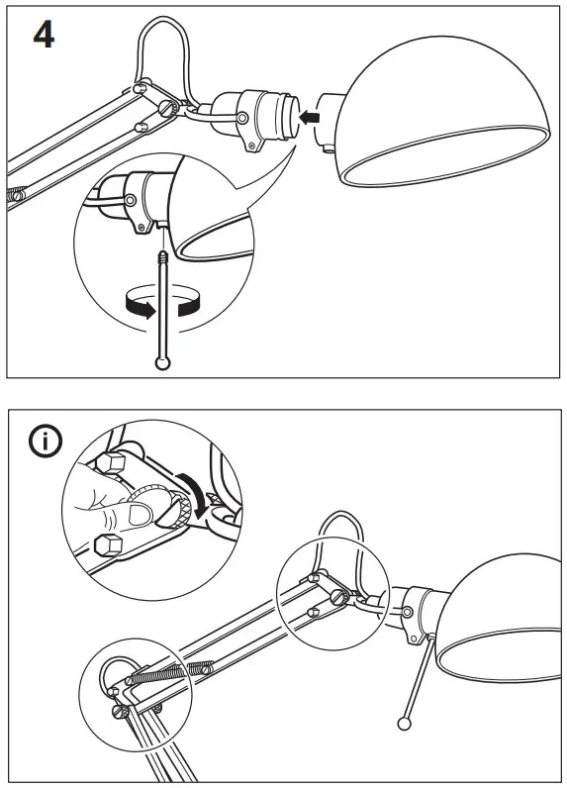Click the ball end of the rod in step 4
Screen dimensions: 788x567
(x=162, y=363)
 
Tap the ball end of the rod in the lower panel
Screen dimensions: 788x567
(x=405, y=722)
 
